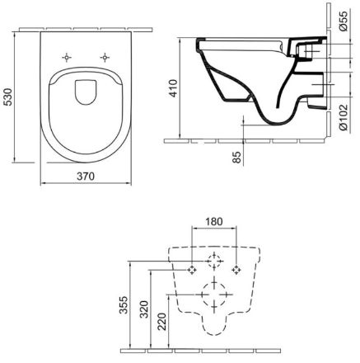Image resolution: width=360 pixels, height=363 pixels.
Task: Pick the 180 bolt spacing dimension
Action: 214,220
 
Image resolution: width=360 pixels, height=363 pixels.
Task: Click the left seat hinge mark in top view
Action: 65,57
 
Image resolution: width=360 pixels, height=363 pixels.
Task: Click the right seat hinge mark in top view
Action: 105,57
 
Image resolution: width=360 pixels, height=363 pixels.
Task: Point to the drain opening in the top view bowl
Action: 85,92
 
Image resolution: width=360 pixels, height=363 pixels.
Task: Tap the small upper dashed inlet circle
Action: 214,262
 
